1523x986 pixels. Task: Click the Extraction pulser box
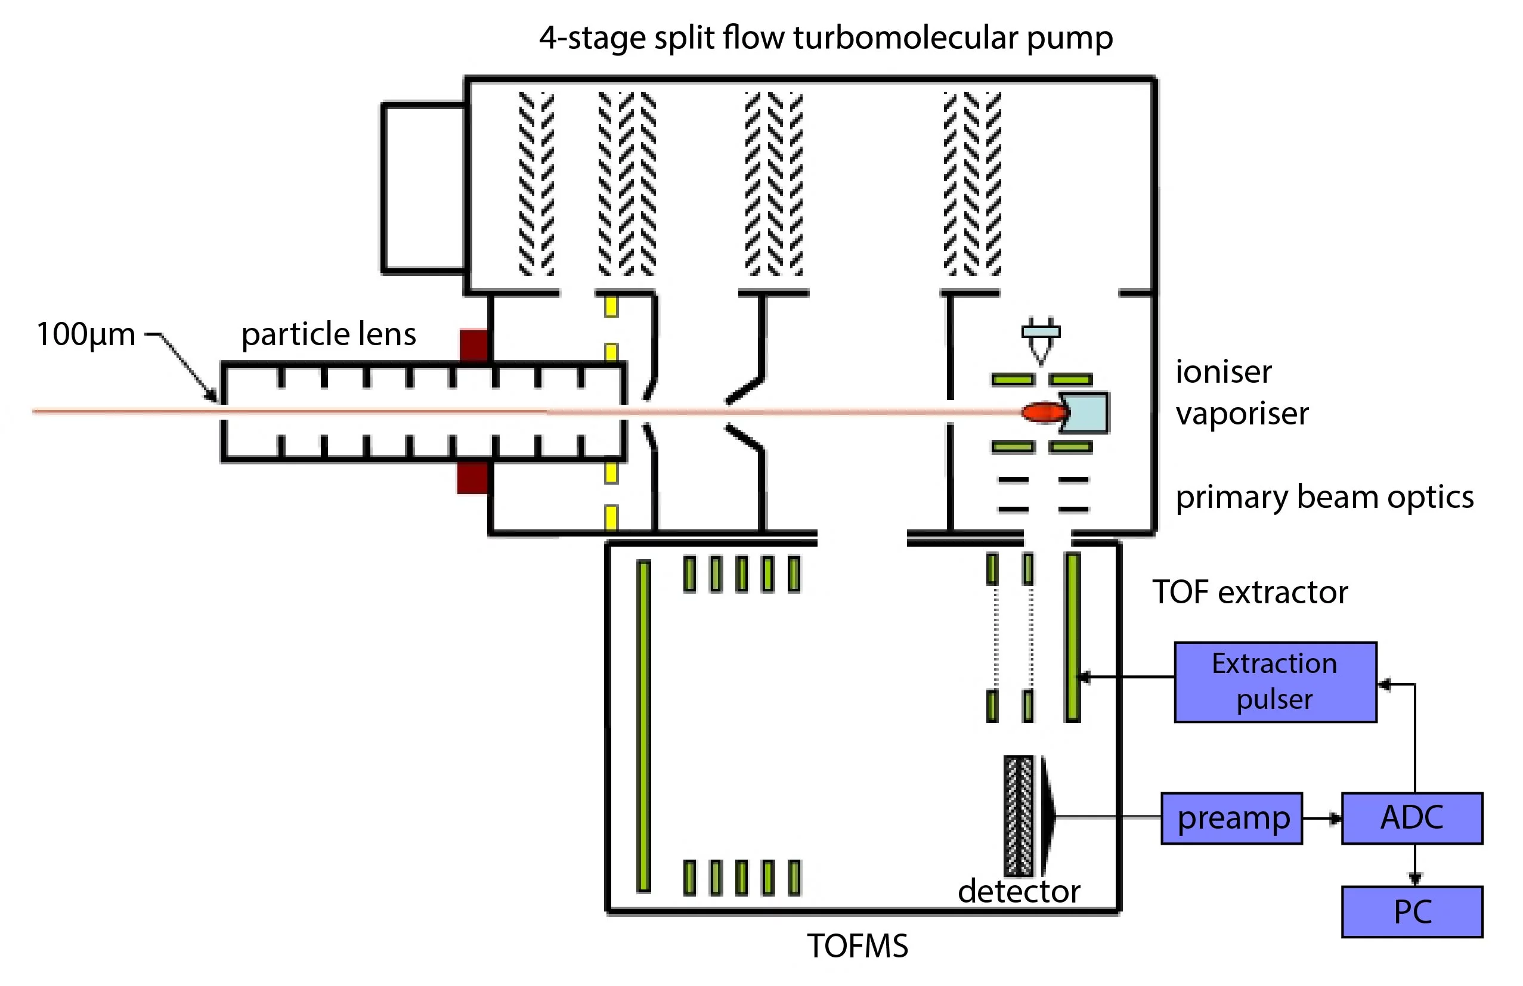tap(1275, 682)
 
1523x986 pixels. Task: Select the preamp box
tap(1231, 818)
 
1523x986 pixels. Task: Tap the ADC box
tap(1411, 818)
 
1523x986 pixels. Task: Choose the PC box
tap(1411, 911)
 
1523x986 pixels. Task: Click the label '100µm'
tap(86, 334)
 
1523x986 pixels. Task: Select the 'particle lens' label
tap(329, 334)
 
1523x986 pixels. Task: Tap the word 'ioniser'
tap(1223, 373)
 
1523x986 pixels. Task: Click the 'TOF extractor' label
tap(1250, 593)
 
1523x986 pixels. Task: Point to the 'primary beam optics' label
tap(1324, 498)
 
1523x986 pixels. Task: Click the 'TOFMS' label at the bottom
tap(857, 946)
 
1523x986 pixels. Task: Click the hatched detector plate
tap(1018, 816)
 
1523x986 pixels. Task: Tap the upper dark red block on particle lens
tap(473, 346)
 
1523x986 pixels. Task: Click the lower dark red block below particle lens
tap(472, 478)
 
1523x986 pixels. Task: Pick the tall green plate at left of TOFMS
tap(644, 725)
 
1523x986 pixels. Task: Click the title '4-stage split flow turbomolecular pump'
tap(825, 38)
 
